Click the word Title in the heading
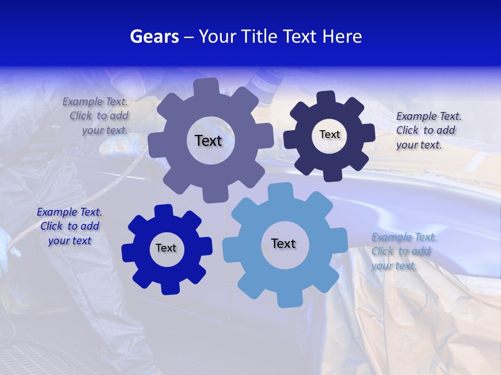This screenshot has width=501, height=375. [258, 36]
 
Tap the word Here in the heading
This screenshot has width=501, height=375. [342, 36]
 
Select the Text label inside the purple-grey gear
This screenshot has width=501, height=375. [208, 141]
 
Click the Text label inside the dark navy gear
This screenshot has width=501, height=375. [329, 134]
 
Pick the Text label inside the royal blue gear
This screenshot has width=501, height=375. [166, 248]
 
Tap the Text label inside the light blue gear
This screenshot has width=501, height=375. [283, 243]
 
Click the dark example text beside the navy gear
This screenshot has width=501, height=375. [428, 131]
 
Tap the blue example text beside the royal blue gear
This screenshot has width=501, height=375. [69, 227]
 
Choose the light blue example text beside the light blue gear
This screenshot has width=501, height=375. [403, 252]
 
